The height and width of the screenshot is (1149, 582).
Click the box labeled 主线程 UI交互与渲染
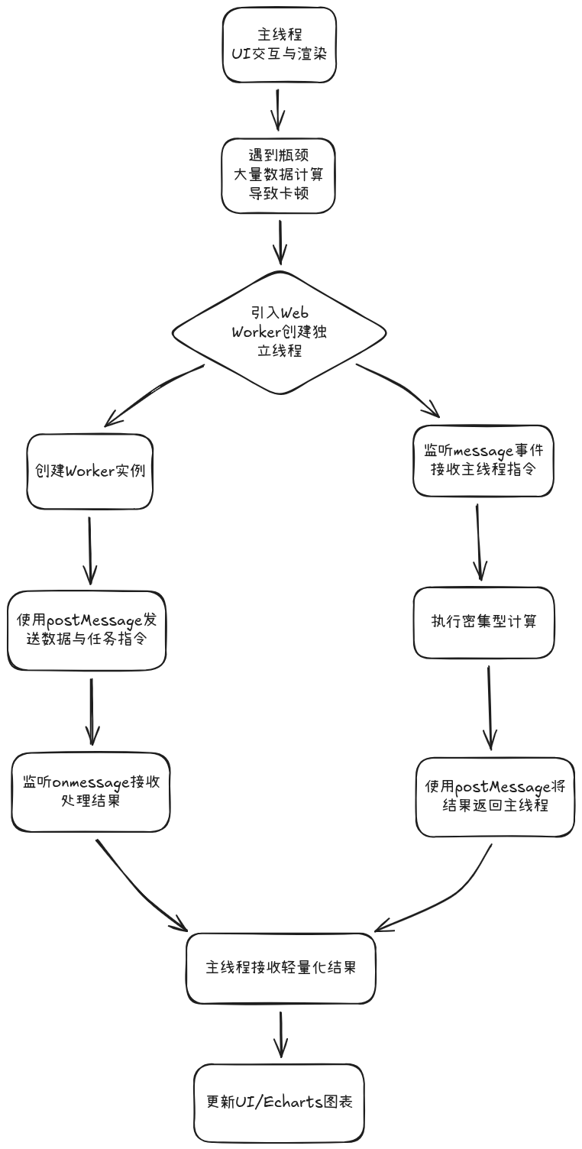(279, 45)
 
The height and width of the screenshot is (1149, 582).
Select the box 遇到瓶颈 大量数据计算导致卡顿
(279, 176)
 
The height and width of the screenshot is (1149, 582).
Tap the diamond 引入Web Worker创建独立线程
(279, 332)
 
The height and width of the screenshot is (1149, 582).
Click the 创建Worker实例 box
(90, 471)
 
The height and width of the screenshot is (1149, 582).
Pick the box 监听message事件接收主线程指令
(483, 461)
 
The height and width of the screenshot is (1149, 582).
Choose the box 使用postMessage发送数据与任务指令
(87, 630)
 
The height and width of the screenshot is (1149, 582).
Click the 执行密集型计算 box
(483, 622)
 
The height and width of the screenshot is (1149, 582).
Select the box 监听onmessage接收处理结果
(90, 792)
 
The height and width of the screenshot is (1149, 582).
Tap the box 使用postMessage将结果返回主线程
(495, 797)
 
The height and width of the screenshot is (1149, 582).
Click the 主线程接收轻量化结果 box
(280, 968)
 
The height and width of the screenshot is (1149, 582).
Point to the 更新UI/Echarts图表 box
(279, 1103)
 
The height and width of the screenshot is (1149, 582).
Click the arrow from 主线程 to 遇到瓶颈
(278, 109)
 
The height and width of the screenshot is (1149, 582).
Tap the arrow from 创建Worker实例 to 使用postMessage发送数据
(90, 550)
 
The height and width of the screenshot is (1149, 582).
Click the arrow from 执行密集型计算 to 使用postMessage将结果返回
(489, 707)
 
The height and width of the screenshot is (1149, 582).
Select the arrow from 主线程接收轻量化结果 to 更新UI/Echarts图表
(281, 1035)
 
